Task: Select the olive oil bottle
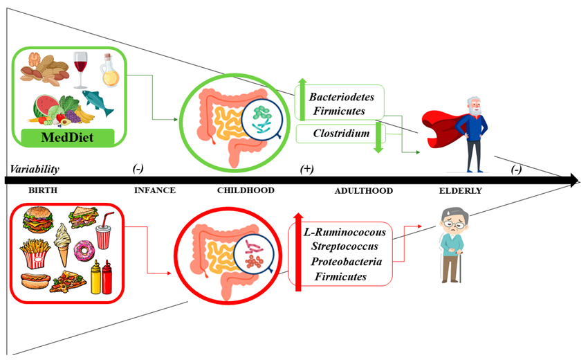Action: (110, 71)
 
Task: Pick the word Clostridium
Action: (339, 133)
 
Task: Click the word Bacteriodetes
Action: (341, 96)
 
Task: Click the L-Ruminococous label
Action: (344, 231)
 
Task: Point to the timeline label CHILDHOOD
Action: (246, 190)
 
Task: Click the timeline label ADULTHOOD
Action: (363, 191)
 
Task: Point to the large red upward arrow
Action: (298, 253)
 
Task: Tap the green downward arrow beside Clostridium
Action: (378, 138)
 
